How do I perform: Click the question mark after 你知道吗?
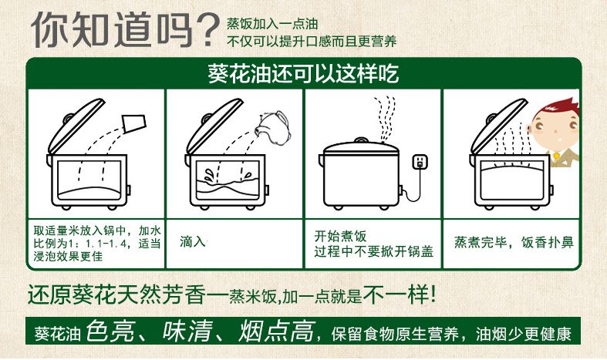click(x=209, y=31)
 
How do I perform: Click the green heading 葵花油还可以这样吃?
click(x=304, y=72)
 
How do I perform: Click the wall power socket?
click(x=421, y=161)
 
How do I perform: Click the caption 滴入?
click(x=192, y=241)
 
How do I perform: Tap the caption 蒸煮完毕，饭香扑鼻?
click(x=514, y=242)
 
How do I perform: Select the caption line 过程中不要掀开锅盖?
click(x=373, y=251)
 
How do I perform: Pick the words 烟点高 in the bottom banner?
click(x=275, y=331)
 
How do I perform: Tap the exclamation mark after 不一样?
click(x=433, y=294)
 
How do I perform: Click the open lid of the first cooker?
click(x=76, y=126)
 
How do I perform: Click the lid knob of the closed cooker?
click(x=360, y=140)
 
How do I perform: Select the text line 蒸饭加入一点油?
click(x=272, y=24)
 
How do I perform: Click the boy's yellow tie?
click(x=556, y=156)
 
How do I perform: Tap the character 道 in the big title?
click(x=133, y=30)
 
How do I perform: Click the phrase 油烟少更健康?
click(x=524, y=334)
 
